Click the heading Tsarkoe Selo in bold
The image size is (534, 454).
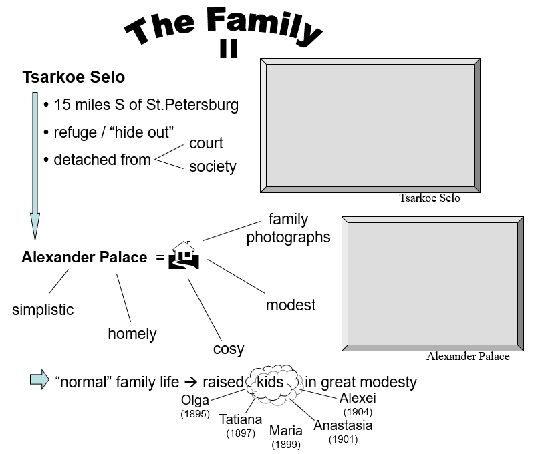tap(74, 77)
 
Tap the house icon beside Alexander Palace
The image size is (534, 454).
tap(185, 255)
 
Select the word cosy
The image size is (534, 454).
tap(229, 349)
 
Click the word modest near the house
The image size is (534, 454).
tap(291, 305)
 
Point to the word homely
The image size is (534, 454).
tap(132, 334)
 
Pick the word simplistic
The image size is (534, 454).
tap(43, 310)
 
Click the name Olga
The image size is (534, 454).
tap(195, 400)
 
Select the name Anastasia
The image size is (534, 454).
tap(343, 425)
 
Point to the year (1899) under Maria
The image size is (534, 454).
tap(285, 444)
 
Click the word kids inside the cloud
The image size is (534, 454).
tap(271, 383)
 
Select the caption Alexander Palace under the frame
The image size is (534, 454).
tap(468, 356)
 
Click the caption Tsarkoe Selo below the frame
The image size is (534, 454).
tap(430, 198)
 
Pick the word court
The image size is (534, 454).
tap(206, 143)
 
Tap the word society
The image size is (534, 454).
tap(213, 166)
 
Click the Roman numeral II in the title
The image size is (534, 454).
tap(229, 50)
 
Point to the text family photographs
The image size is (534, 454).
tap(288, 228)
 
